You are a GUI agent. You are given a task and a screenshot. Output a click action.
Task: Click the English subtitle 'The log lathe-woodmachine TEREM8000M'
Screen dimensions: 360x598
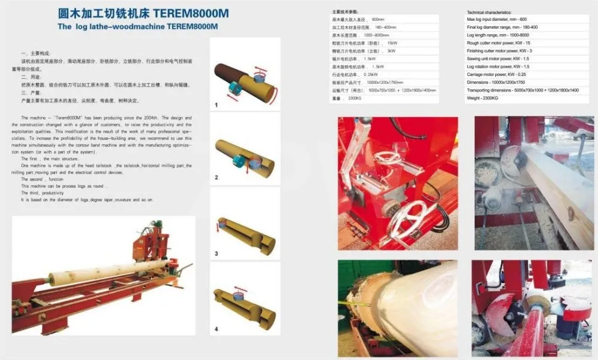click(x=138, y=26)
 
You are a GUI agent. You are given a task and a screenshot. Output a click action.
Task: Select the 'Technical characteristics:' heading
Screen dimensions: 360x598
click(x=489, y=13)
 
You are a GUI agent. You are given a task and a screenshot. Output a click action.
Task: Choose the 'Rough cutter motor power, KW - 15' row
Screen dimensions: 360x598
click(x=498, y=43)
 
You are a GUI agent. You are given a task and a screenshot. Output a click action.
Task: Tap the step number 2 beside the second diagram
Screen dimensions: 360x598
click(x=216, y=178)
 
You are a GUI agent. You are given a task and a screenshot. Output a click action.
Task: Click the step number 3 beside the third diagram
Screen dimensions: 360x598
click(x=216, y=254)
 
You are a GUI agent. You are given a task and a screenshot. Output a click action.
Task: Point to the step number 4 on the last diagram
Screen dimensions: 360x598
click(x=216, y=329)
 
